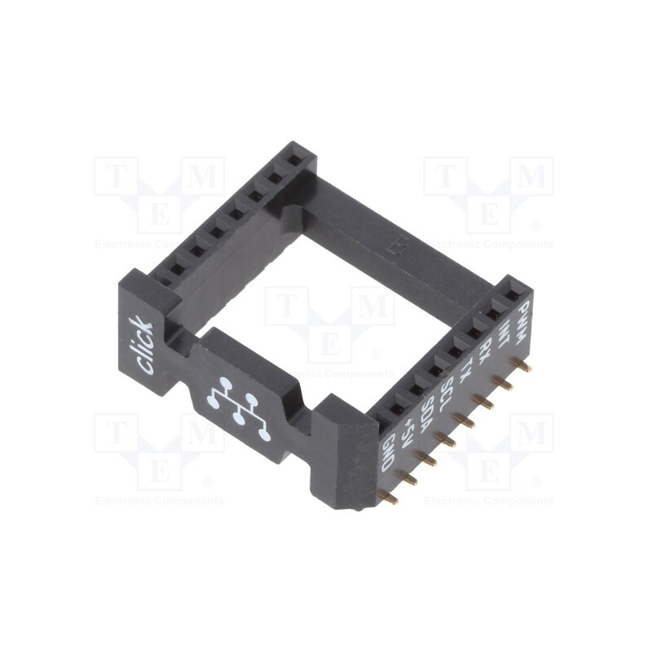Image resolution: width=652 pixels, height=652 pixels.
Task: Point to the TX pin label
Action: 465,368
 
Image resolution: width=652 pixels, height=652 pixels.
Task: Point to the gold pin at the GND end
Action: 390,497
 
